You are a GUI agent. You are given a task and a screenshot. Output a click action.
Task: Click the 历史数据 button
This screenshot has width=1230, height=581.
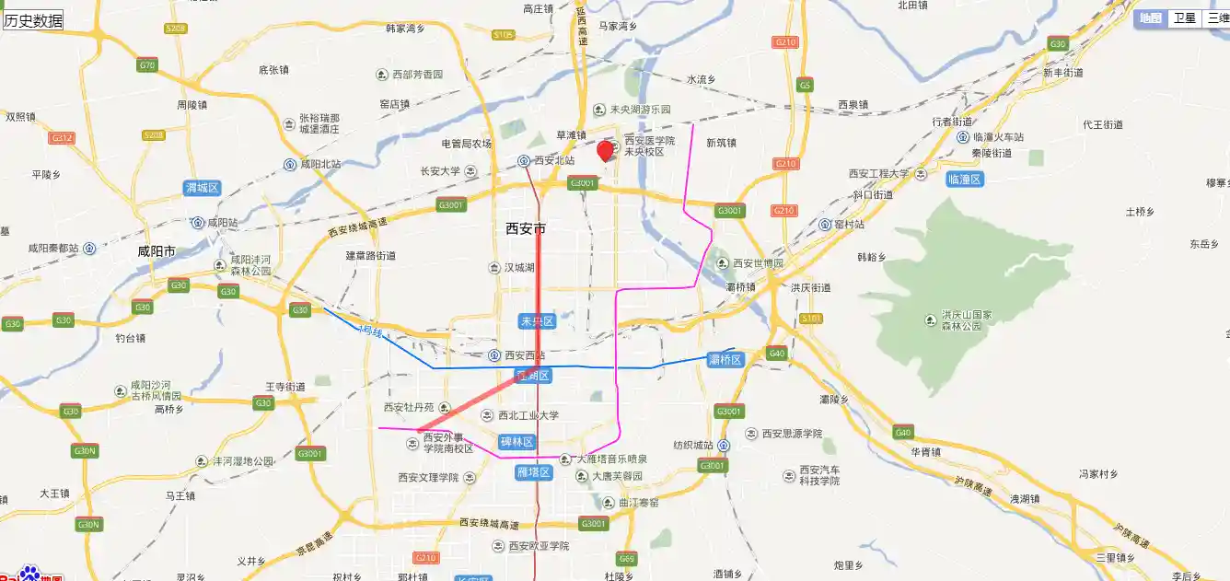click(x=34, y=20)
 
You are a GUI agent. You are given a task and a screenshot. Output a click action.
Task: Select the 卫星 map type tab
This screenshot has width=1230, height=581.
click(x=1184, y=17)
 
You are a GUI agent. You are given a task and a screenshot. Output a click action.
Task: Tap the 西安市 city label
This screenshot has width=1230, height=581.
click(x=526, y=228)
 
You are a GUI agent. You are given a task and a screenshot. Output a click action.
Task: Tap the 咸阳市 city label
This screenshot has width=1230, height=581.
click(x=157, y=250)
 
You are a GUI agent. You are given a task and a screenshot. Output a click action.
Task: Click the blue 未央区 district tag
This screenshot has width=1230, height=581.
click(x=537, y=321)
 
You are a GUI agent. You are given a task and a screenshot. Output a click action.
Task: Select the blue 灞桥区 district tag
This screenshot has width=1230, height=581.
click(x=725, y=359)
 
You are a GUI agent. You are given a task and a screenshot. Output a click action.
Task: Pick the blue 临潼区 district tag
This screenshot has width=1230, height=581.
click(x=965, y=180)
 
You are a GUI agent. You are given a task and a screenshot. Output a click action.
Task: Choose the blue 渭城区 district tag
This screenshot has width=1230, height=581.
click(x=202, y=188)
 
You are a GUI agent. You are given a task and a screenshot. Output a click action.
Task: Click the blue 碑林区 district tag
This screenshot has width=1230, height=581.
click(x=516, y=442)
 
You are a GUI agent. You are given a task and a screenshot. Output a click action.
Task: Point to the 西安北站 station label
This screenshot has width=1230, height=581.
click(x=553, y=160)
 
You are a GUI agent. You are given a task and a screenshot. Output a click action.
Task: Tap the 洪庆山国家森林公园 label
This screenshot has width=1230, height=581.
click(x=966, y=320)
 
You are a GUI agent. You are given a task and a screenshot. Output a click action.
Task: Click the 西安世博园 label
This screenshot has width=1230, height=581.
click(x=758, y=263)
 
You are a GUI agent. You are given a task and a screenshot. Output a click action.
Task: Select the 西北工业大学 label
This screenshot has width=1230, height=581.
click(x=528, y=415)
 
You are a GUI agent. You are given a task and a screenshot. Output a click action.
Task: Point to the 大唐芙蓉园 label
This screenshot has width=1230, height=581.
click(x=617, y=476)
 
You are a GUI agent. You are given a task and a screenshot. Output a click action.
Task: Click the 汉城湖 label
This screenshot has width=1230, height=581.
click(x=518, y=268)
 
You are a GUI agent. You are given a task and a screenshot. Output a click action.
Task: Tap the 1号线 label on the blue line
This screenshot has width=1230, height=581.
click(x=371, y=331)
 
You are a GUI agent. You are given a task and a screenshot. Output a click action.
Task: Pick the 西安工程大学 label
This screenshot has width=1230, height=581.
click(x=878, y=173)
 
